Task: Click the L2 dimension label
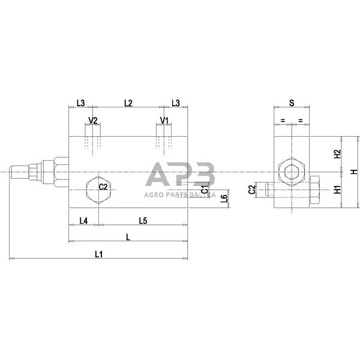tap(128, 103)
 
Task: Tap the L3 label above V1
tap(175, 103)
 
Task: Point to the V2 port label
tap(93, 121)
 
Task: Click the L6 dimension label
tap(224, 199)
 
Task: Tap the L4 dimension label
tap(84, 220)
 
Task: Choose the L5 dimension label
tap(143, 220)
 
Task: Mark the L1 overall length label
tap(99, 254)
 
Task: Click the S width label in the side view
tap(291, 103)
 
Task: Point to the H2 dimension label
tap(337, 154)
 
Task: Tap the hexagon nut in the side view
tap(292, 172)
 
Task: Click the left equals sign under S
tap(282, 121)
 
